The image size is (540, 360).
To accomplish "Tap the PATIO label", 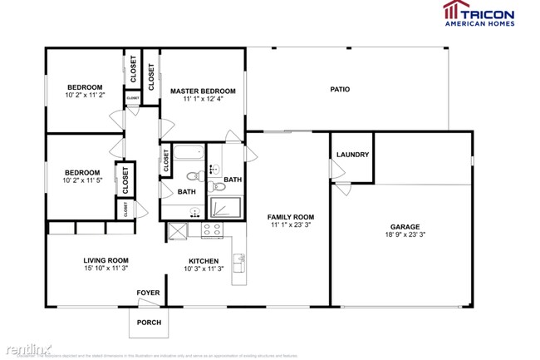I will pyautogui.click(x=340, y=89).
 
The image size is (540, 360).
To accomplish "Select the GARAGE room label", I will pyautogui.click(x=405, y=226).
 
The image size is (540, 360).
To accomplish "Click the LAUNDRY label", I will pyautogui.click(x=353, y=155).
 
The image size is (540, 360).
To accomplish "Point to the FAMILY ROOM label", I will pyautogui.click(x=291, y=217).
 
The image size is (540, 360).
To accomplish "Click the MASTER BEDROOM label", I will pyautogui.click(x=203, y=91).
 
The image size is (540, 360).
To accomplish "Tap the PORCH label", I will pyautogui.click(x=149, y=323).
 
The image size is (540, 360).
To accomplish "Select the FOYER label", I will pyautogui.click(x=149, y=293).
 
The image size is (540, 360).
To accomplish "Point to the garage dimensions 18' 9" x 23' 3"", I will pyautogui.click(x=405, y=235).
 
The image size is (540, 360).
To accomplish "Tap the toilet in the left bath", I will pyautogui.click(x=192, y=176).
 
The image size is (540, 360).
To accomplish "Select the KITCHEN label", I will pyautogui.click(x=203, y=259).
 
